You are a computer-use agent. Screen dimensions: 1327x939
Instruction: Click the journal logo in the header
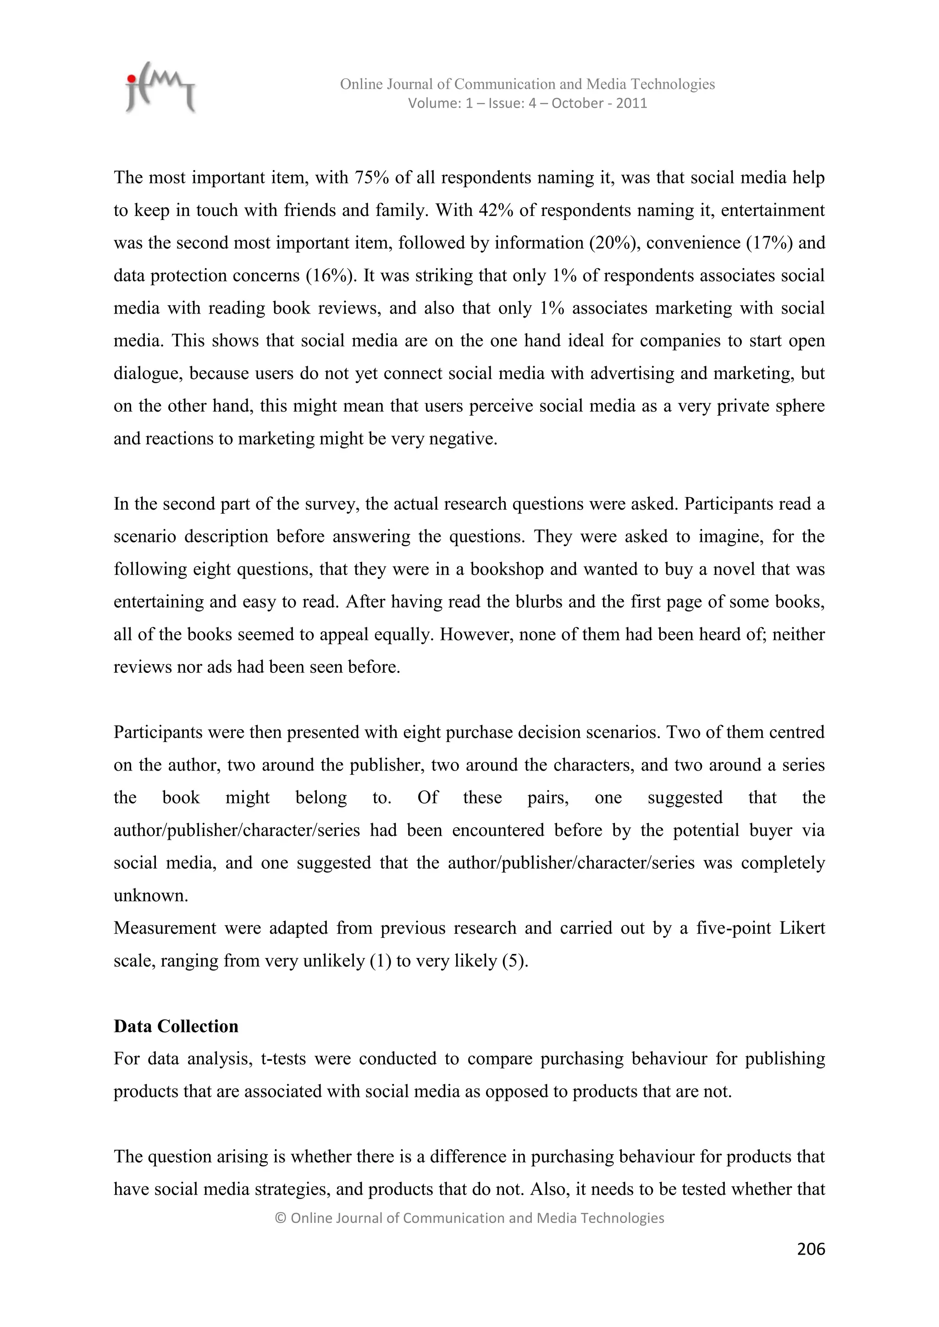160,88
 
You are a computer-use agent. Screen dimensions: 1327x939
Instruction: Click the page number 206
811,1249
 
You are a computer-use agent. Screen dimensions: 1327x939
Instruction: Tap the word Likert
801,928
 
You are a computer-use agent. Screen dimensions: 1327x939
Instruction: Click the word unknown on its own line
150,896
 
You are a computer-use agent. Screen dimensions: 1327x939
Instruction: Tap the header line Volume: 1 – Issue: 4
527,104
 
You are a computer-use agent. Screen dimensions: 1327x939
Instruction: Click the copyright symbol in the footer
281,1218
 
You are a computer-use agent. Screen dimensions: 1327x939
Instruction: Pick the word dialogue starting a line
148,374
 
